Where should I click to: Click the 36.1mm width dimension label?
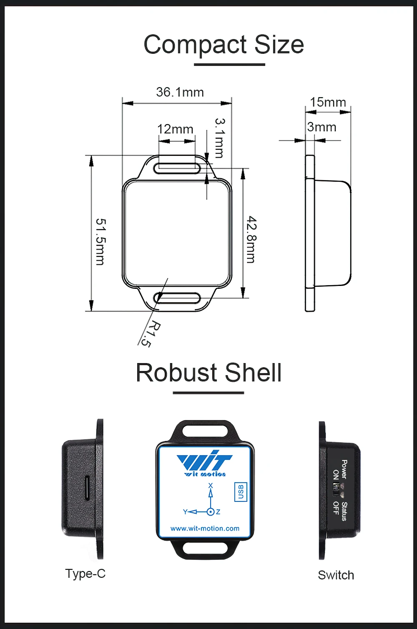tap(180, 92)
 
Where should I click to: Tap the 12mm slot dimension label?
tap(175, 129)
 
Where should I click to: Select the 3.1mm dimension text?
tap(220, 138)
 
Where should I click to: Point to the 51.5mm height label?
tap(100, 241)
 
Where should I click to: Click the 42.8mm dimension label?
tap(251, 239)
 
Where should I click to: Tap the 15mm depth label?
tap(328, 102)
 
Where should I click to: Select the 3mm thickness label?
tap(322, 127)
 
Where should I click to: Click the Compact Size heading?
tap(224, 45)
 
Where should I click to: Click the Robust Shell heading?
tap(208, 373)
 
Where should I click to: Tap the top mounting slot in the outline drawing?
tap(177, 168)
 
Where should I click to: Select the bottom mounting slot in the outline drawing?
tap(177, 298)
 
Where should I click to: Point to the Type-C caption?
tap(85, 574)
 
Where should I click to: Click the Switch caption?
tap(336, 575)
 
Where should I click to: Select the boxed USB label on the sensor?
tap(241, 492)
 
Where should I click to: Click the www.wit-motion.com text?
tap(205, 529)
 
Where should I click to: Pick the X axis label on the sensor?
tap(211, 486)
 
